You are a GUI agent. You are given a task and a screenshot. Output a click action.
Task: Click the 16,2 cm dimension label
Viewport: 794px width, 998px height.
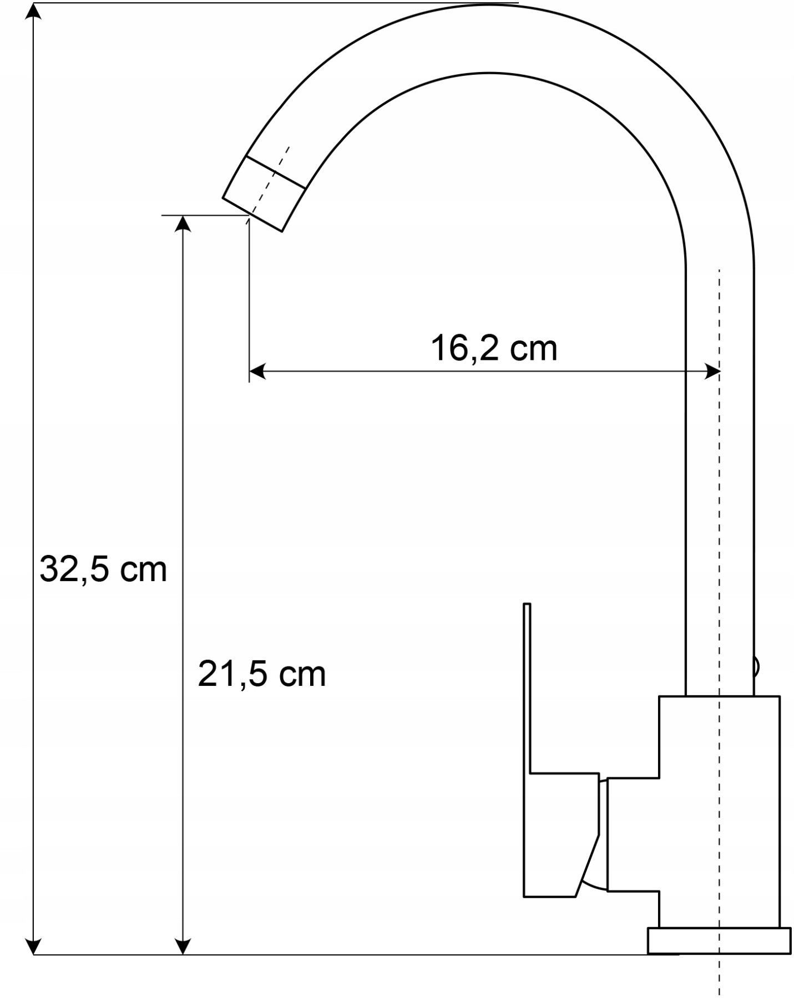point(494,348)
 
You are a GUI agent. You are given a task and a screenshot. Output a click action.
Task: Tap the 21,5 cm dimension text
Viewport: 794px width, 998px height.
point(261,674)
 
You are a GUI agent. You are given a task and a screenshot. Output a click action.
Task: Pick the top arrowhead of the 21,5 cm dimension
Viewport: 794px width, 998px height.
point(183,223)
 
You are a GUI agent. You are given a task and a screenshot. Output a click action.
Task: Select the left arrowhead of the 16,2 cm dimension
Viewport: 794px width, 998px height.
point(257,371)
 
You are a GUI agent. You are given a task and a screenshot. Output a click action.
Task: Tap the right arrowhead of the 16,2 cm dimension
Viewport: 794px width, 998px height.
point(712,371)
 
